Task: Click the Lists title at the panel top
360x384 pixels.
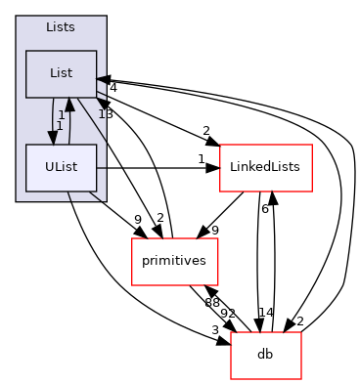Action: [x=61, y=27]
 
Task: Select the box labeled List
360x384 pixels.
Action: [x=61, y=73]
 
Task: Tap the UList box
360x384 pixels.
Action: [x=61, y=167]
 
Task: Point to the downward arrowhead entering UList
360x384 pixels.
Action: [x=53, y=138]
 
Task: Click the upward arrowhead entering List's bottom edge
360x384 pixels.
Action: [x=69, y=104]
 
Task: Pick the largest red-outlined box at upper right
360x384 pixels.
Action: [x=266, y=168]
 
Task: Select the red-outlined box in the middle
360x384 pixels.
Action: [x=175, y=262]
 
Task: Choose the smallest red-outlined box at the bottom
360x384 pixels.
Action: [x=266, y=356]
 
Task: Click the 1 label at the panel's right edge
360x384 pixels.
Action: [x=101, y=114]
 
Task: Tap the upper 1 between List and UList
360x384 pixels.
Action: [x=61, y=115]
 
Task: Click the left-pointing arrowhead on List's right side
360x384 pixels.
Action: [x=101, y=79]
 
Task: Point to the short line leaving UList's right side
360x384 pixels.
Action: [x=101, y=168]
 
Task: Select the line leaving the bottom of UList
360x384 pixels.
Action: [x=69, y=196]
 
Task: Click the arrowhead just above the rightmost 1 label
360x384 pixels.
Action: [x=102, y=102]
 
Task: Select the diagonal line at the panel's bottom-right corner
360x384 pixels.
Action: [x=96, y=196]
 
